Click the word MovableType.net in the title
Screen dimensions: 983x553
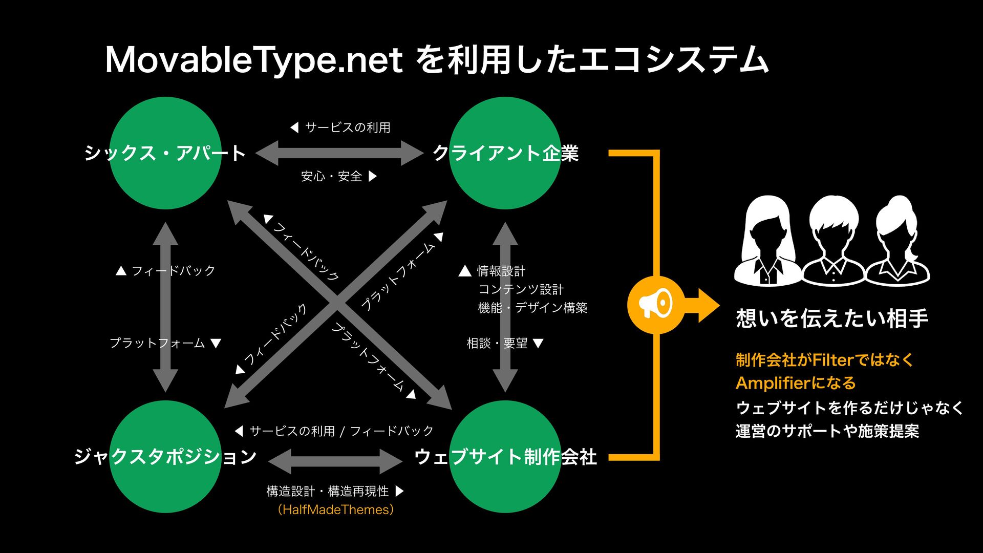click(x=253, y=60)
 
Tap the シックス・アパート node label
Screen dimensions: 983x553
click(x=165, y=153)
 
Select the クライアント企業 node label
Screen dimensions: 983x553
click(x=505, y=153)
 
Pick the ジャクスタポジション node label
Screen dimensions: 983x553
click(x=165, y=456)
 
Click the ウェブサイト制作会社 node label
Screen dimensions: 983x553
click(x=505, y=456)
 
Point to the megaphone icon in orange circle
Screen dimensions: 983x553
click(x=655, y=305)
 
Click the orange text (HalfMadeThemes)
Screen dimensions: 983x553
click(x=335, y=509)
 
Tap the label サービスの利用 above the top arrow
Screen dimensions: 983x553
click(x=347, y=127)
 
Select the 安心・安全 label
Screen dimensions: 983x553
click(x=331, y=176)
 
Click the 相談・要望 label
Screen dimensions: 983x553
click(x=497, y=343)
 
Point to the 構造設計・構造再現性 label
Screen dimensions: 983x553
click(x=328, y=491)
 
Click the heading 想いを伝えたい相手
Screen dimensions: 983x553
click(x=832, y=318)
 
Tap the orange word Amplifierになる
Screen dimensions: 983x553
click(x=796, y=383)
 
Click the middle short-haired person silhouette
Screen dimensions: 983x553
click(x=834, y=241)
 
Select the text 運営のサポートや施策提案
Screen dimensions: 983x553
click(x=827, y=431)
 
